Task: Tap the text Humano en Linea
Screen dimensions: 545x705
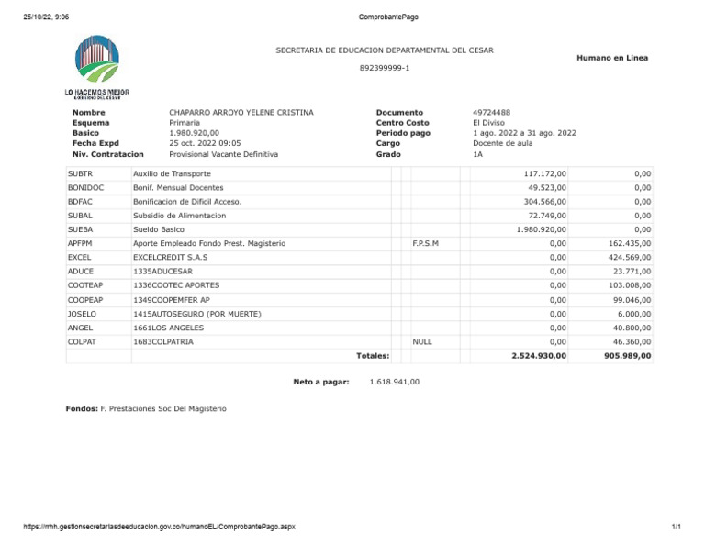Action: pyautogui.click(x=611, y=58)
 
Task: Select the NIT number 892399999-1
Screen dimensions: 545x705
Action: pyautogui.click(x=385, y=68)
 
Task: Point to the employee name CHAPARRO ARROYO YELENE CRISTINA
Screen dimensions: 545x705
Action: pyautogui.click(x=241, y=112)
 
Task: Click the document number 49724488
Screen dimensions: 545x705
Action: pyautogui.click(x=493, y=112)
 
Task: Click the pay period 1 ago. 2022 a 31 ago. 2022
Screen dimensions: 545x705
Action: pyautogui.click(x=524, y=133)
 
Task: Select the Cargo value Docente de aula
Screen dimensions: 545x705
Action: pyautogui.click(x=503, y=143)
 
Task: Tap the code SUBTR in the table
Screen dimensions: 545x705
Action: pyautogui.click(x=81, y=173)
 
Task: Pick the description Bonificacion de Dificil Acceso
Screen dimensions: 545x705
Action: pyautogui.click(x=187, y=201)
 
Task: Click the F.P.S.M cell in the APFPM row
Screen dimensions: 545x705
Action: pyautogui.click(x=426, y=243)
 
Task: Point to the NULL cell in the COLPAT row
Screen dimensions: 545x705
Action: pyautogui.click(x=422, y=341)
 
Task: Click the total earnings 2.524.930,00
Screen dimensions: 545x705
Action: pyautogui.click(x=539, y=356)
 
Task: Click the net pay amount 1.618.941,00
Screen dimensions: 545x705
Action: pyautogui.click(x=394, y=381)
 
